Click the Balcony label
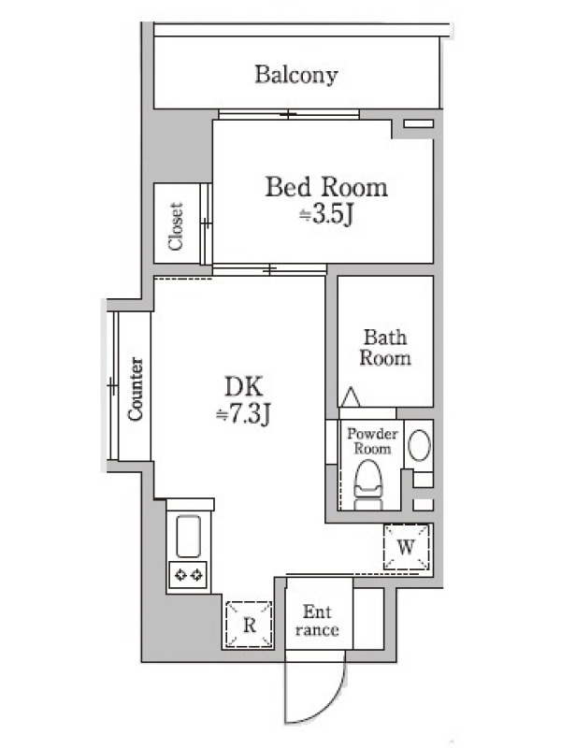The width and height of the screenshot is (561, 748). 296,75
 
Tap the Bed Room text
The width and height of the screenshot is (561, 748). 326,187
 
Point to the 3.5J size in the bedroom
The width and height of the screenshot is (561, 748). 326,215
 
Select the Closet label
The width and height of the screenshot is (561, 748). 176,225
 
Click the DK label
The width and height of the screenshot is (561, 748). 243,387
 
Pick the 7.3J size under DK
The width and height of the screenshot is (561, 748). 243,414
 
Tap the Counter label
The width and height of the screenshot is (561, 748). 136,389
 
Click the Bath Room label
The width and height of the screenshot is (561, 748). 385,348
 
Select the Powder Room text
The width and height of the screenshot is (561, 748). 372,441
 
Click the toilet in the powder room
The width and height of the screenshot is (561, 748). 367,484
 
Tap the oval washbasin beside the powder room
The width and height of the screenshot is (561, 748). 419,445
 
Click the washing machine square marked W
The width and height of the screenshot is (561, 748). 407,547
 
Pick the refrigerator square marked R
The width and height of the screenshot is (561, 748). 249,624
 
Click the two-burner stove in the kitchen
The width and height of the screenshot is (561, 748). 188,575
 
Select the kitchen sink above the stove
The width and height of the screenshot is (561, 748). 188,536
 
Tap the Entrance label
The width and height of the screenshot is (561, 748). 317,621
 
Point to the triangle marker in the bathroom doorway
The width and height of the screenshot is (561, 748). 352,396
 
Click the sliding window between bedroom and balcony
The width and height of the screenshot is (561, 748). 289,114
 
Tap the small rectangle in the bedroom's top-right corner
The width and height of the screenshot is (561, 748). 418,123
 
